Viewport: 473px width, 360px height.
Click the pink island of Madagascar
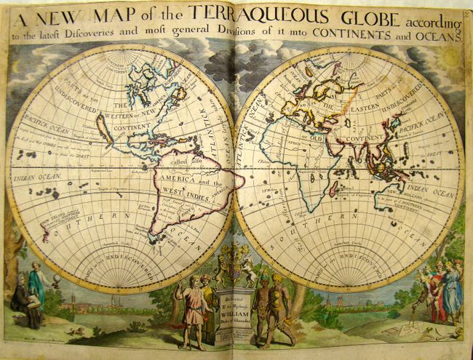tap(333, 188)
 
